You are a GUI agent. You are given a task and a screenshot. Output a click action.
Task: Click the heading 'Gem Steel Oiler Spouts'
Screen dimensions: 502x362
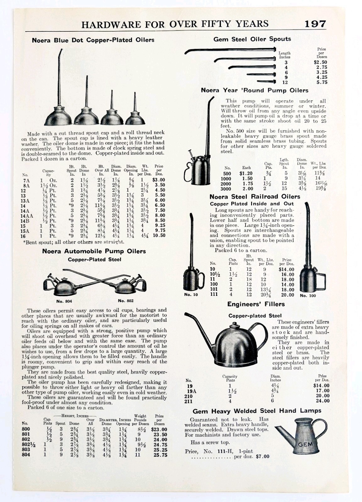tap(252, 39)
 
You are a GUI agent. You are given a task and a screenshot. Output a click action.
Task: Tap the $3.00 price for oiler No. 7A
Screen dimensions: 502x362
tap(159, 180)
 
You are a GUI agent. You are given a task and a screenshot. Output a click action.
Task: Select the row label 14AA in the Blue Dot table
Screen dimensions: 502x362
tap(27, 216)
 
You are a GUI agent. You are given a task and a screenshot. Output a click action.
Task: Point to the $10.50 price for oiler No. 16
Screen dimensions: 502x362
tap(159, 236)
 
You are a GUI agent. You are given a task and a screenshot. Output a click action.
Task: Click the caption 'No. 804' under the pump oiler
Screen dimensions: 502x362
tap(64, 301)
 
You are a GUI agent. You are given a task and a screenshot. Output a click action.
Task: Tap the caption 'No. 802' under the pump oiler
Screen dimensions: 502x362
tap(126, 301)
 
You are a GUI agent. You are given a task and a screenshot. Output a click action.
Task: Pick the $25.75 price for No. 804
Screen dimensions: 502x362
tap(160, 455)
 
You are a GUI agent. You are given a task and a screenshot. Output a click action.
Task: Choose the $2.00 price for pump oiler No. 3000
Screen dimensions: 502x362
tap(248, 189)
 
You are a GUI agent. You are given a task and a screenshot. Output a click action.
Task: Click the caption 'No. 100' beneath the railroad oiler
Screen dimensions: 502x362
tap(308, 296)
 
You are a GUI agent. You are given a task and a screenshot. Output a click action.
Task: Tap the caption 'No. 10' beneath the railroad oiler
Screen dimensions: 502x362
tap(191, 295)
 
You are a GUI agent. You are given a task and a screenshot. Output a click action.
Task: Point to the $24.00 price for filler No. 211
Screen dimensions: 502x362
tap(322, 401)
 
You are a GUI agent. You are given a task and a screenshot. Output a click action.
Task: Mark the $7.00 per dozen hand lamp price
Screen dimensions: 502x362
tap(262, 457)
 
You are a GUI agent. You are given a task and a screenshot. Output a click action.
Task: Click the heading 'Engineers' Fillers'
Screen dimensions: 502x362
tap(256, 304)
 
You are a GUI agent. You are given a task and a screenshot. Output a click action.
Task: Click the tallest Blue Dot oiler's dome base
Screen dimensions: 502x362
tap(58, 118)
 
